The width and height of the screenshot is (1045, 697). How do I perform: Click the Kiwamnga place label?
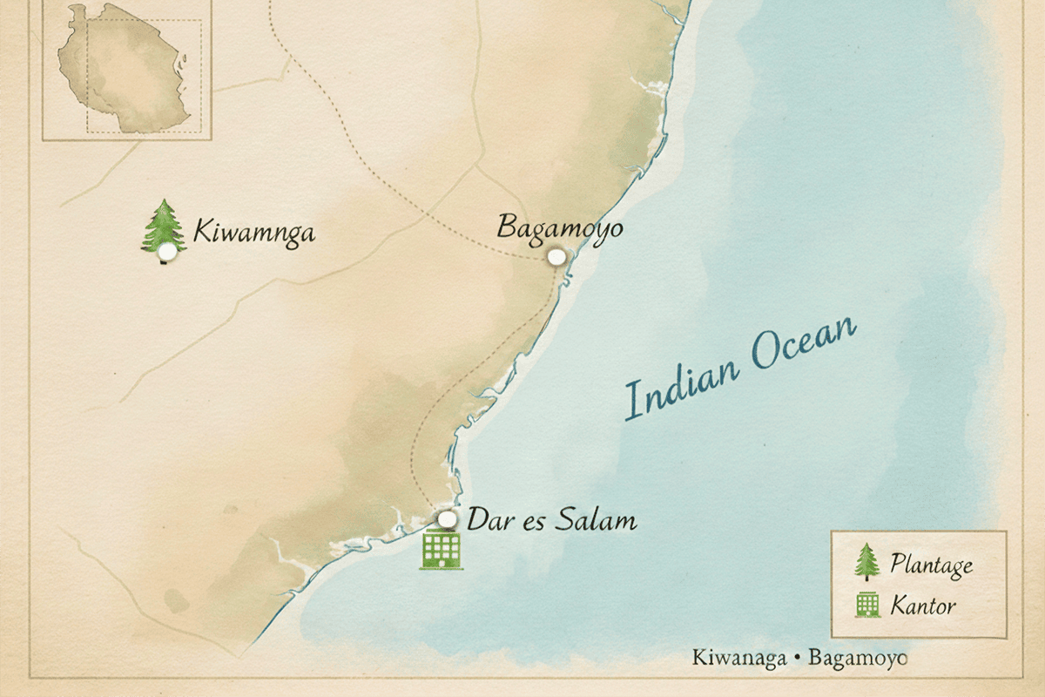click(x=253, y=233)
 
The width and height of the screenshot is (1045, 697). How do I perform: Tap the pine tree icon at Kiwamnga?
click(x=164, y=225)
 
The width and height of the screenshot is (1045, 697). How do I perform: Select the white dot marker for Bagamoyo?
click(x=556, y=257)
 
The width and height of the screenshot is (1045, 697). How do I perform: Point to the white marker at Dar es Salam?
click(x=448, y=519)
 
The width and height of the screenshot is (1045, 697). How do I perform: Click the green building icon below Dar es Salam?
click(x=441, y=549)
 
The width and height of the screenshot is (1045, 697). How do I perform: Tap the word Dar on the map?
click(x=488, y=521)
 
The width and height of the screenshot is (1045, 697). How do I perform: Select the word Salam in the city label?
click(x=600, y=521)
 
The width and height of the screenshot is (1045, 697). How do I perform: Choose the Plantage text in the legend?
click(x=931, y=565)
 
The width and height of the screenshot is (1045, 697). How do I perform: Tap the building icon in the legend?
click(x=867, y=604)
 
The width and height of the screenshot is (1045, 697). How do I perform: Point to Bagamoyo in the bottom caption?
click(x=857, y=657)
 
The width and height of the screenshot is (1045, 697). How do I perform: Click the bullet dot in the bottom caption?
click(x=797, y=658)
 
